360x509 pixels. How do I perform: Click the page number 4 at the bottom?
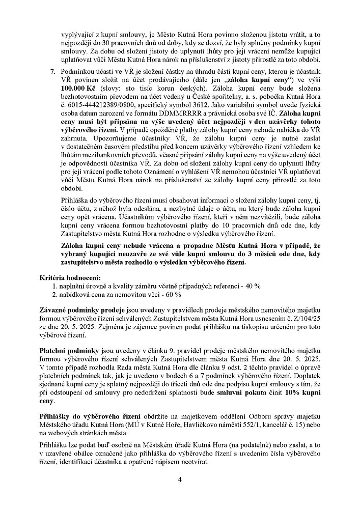[x=180, y=479]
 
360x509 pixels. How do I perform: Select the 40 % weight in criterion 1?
[x=252, y=286]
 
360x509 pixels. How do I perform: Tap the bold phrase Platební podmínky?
[x=70, y=352]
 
